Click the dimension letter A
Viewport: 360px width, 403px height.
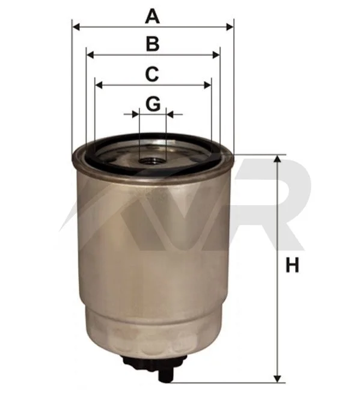(x=153, y=16)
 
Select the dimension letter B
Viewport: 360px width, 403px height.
(x=153, y=44)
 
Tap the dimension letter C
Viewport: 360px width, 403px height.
(x=152, y=74)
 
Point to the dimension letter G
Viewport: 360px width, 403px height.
(x=153, y=104)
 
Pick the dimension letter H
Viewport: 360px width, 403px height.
(x=293, y=265)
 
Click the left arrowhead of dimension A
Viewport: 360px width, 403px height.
(x=77, y=26)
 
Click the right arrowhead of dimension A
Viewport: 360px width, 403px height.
(x=230, y=26)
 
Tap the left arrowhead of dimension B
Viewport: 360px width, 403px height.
(x=91, y=55)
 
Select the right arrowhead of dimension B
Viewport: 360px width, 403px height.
(x=216, y=55)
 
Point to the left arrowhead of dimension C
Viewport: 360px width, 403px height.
(x=99, y=85)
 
